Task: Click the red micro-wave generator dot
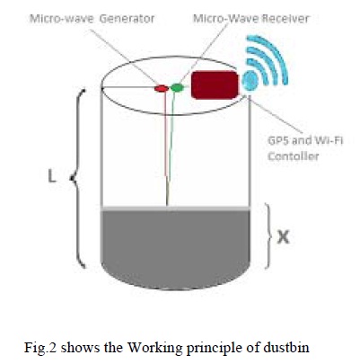(162, 88)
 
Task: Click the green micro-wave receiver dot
(178, 87)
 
